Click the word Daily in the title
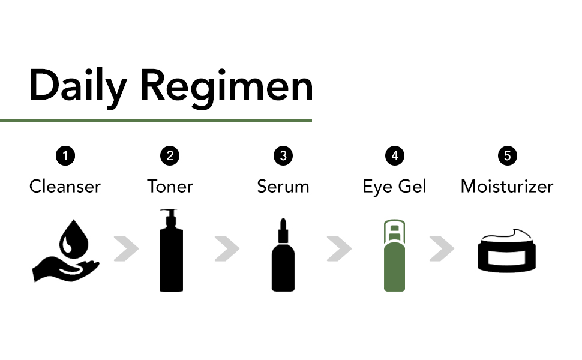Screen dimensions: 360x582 coord(77,85)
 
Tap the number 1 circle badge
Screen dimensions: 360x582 coord(65,156)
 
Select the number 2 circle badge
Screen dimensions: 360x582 coord(170,156)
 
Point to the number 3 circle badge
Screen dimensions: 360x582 coord(283,156)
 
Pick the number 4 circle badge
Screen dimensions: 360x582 coord(394,156)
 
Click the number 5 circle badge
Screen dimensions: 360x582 coord(507,156)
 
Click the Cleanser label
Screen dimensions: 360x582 coord(65,186)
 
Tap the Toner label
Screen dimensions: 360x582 coord(170,186)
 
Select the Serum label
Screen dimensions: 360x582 coord(283,186)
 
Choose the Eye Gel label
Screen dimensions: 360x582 coord(394,186)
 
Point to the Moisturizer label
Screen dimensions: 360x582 coord(507,186)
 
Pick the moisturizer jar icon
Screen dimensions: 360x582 coord(507,252)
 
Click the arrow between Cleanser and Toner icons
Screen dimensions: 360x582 coord(126,248)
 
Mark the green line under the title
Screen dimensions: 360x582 coord(156,121)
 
